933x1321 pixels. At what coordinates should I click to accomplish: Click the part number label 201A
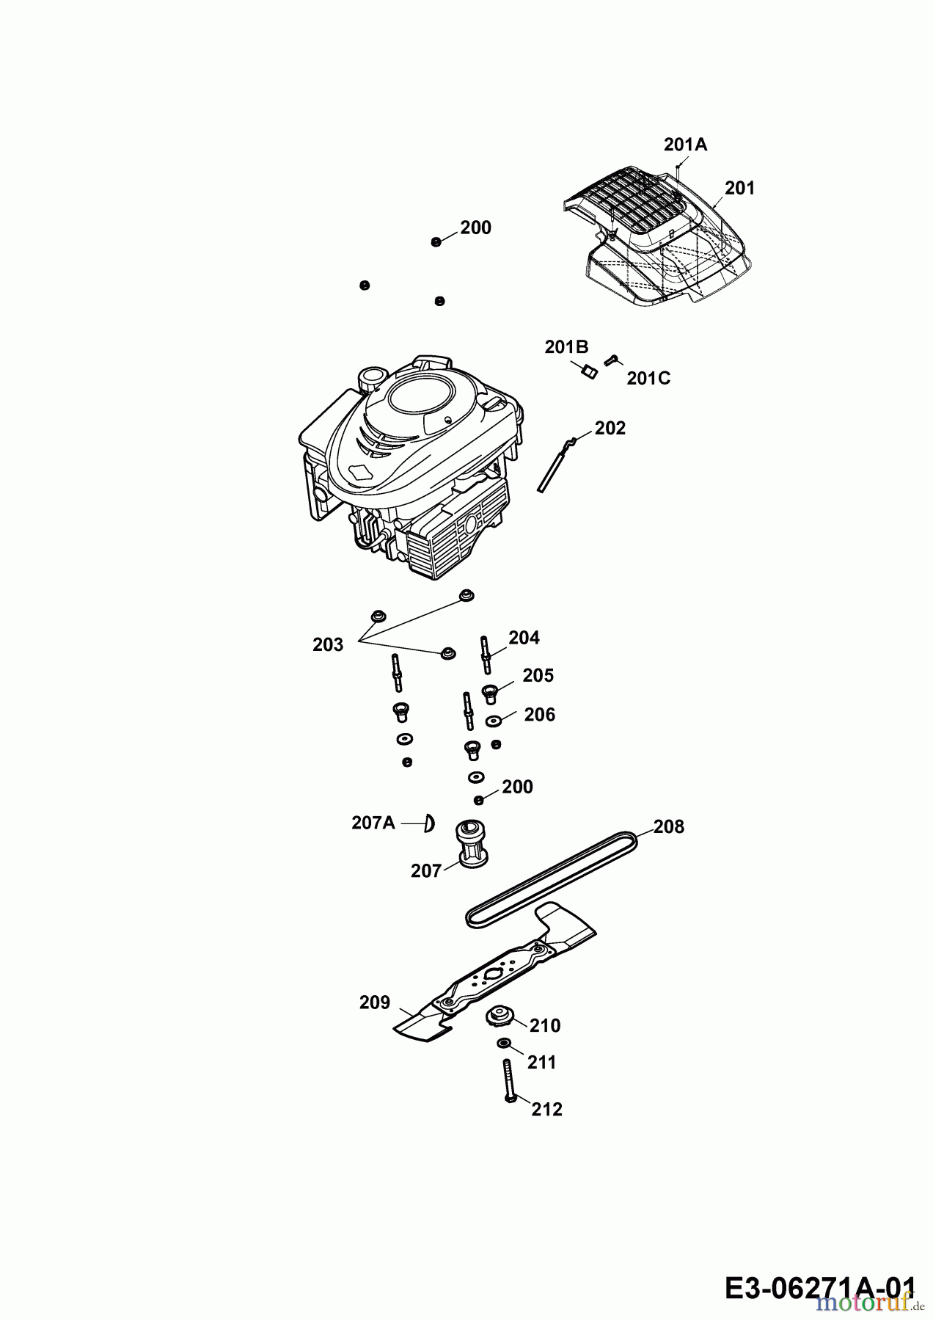(x=685, y=145)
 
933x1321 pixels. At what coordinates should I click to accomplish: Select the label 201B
(x=566, y=347)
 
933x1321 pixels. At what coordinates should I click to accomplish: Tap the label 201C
(x=648, y=379)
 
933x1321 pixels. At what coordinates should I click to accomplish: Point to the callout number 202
(x=610, y=428)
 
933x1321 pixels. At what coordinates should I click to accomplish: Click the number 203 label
(x=328, y=644)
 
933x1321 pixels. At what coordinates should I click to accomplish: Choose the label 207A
(x=373, y=823)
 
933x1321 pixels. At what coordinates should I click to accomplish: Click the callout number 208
(x=668, y=827)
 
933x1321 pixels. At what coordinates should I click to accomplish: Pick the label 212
(x=546, y=1110)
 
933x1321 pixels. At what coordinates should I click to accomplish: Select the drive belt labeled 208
(x=551, y=878)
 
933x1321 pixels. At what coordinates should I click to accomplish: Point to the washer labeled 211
(x=503, y=1044)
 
